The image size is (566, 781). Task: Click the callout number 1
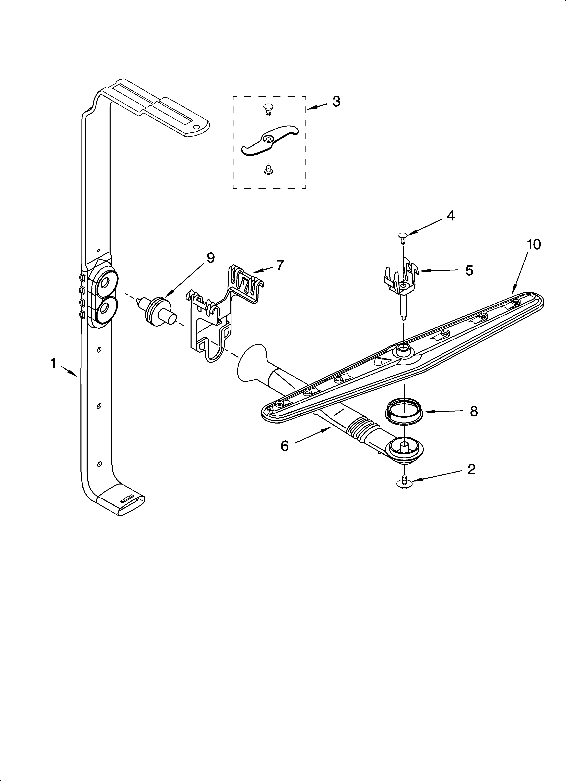click(x=53, y=363)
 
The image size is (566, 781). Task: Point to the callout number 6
click(x=284, y=446)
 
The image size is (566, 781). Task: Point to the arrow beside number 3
click(x=316, y=107)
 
